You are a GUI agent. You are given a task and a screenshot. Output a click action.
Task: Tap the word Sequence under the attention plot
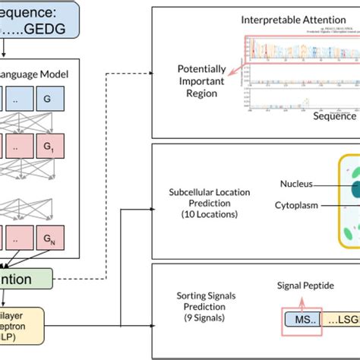335,116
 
